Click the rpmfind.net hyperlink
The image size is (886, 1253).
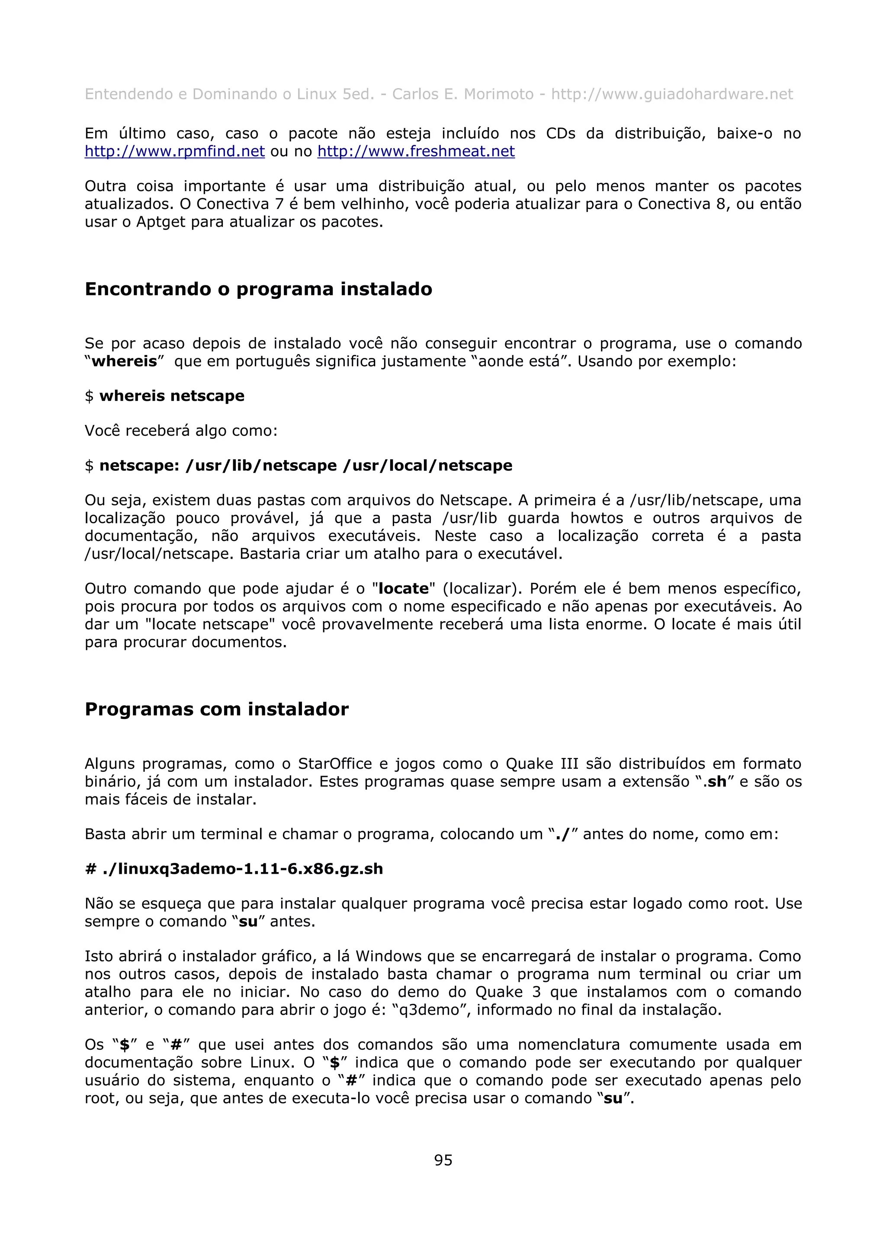(x=175, y=151)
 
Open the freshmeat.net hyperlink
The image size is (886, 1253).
(x=416, y=151)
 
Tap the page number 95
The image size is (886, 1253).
(x=443, y=1160)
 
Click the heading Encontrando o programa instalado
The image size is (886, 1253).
(x=258, y=289)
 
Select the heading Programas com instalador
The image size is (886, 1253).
(x=216, y=709)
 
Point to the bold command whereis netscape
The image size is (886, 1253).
(x=171, y=396)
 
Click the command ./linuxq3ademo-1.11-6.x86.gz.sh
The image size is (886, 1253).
(x=242, y=869)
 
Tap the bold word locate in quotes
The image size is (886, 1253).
(x=404, y=589)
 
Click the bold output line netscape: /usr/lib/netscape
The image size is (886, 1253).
(x=306, y=466)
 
